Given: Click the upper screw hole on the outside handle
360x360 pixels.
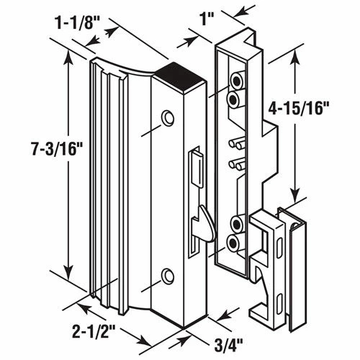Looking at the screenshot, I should tap(168, 117).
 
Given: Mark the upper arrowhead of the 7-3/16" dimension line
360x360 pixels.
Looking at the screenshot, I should tap(68, 55).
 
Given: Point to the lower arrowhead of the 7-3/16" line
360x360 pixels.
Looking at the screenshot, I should tap(68, 284).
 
